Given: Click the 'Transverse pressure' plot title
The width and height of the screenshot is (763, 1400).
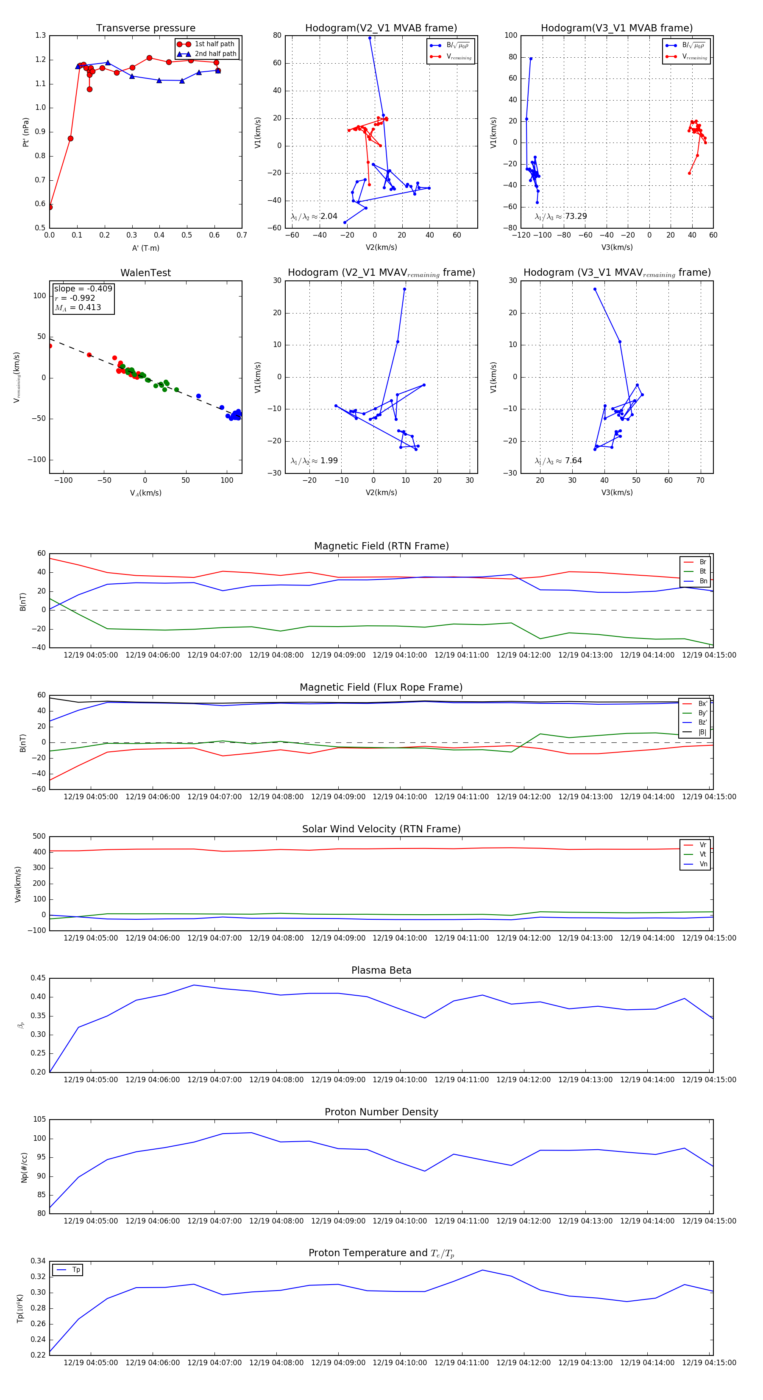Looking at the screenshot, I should [x=145, y=28].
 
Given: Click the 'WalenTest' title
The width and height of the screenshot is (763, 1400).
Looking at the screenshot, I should [x=145, y=273].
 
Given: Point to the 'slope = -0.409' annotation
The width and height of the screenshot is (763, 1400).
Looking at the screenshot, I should [x=83, y=288].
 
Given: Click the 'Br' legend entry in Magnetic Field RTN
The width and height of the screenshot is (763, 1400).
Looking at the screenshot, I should [x=702, y=562].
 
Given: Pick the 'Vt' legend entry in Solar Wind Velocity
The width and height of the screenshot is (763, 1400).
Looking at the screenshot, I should [x=702, y=854].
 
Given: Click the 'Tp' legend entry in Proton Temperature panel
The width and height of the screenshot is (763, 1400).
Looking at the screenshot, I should [x=75, y=1270].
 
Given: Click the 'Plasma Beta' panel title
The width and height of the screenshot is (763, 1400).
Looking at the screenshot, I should [x=381, y=970].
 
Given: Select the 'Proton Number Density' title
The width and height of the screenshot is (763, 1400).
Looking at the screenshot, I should [x=381, y=1112].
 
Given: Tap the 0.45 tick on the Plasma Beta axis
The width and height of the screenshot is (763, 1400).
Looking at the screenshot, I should [x=38, y=978].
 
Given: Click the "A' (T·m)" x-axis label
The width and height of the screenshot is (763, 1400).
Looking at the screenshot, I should [x=145, y=248].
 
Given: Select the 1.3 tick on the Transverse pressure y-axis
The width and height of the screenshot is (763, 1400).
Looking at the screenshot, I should [x=41, y=35].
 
